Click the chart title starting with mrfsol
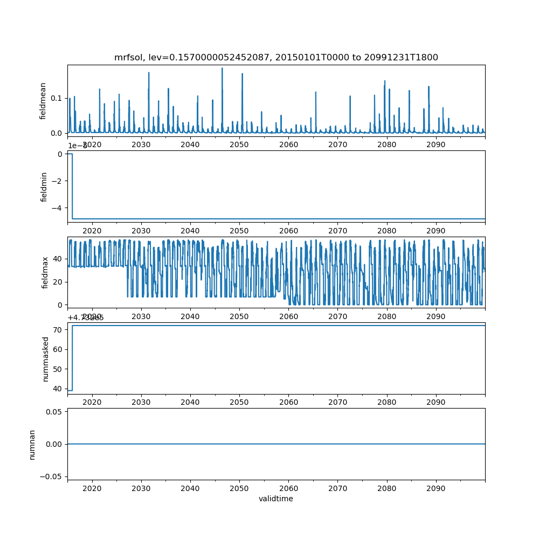(276, 58)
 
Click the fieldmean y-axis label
(43, 101)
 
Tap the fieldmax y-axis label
(45, 273)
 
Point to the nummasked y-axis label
(46, 358)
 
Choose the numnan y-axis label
(32, 444)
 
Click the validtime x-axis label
(276, 499)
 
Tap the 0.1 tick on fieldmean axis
(56, 98)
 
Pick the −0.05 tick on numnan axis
(51, 476)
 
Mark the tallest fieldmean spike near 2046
(222, 68)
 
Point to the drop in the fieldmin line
(72, 186)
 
